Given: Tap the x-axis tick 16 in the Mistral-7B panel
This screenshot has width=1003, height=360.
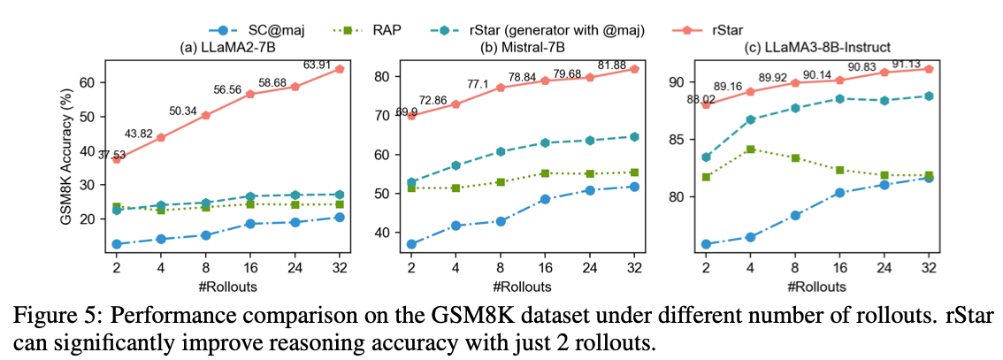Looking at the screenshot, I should click(x=545, y=268).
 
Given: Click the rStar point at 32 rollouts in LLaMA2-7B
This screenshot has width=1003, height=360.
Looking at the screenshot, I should click(x=340, y=69).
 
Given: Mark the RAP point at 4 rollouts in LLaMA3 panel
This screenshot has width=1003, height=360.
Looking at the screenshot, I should click(x=750, y=149).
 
